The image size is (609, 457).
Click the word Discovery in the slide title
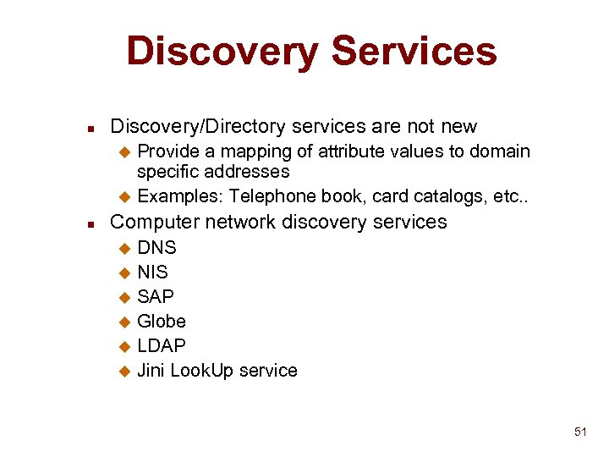point(222,51)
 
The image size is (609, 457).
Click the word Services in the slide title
point(414,51)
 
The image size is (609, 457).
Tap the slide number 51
point(580,432)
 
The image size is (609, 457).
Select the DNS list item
point(156,248)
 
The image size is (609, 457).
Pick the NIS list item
point(152,273)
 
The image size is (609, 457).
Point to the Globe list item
point(162,322)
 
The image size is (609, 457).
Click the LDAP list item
point(161,346)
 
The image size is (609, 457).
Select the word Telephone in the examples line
point(270,197)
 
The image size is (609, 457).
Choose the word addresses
point(251,172)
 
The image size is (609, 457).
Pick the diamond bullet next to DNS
point(124,249)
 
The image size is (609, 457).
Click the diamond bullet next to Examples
point(124,198)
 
